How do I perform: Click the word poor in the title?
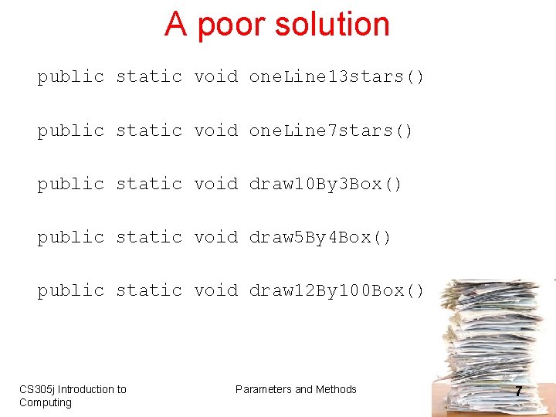[230, 25]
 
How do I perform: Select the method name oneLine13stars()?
[336, 77]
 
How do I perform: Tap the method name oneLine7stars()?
[331, 131]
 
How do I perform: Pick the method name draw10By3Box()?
[325, 185]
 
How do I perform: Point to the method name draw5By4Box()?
[320, 238]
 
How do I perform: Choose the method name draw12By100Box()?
[336, 291]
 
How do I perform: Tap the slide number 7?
[518, 392]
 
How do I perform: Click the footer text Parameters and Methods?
[296, 389]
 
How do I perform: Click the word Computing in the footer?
[45, 402]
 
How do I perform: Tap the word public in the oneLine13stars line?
[70, 77]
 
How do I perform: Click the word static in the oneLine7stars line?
[148, 131]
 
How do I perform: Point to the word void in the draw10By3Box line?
[215, 185]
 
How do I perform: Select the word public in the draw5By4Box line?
[70, 238]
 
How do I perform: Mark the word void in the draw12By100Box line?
[215, 291]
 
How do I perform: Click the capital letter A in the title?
[175, 25]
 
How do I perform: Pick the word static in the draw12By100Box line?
[148, 291]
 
